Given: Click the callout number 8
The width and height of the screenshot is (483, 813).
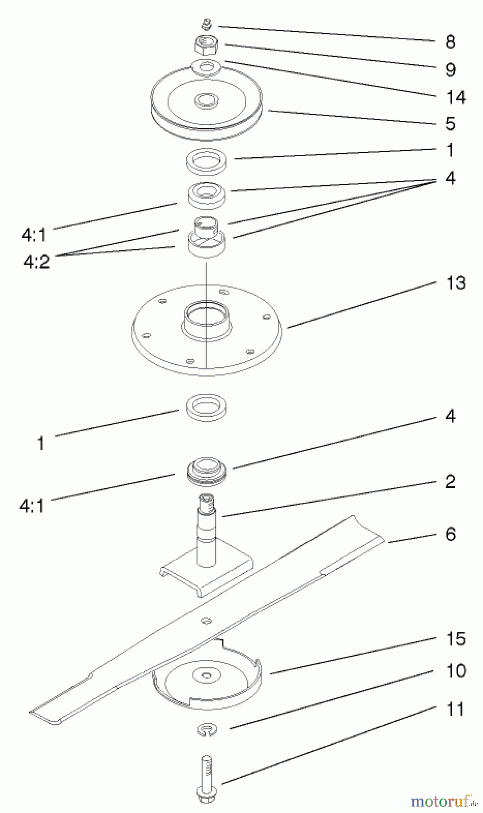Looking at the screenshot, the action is (x=450, y=42).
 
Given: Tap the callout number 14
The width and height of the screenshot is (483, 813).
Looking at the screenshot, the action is (x=455, y=97).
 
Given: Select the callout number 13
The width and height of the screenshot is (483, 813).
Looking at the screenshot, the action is (x=455, y=283).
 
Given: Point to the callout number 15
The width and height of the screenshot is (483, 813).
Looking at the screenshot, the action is (x=455, y=639).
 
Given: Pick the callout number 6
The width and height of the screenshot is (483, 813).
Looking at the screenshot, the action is (x=450, y=534).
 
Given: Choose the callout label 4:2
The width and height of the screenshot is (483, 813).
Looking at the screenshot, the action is (x=37, y=261).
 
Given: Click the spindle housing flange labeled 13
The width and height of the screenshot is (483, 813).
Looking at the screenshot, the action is (x=206, y=329).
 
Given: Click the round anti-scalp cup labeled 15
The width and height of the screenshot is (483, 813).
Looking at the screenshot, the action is (x=207, y=677).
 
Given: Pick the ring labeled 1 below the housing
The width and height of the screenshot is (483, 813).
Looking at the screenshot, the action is (x=206, y=405).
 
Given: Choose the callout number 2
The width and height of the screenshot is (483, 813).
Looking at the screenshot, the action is (x=450, y=481).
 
